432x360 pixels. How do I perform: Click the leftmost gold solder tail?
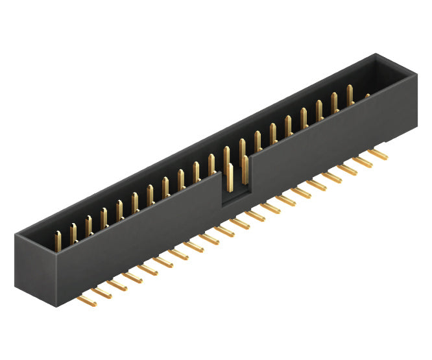(84, 300)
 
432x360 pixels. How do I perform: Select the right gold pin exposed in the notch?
(244, 170)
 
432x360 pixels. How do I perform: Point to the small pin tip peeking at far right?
(367, 97)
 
